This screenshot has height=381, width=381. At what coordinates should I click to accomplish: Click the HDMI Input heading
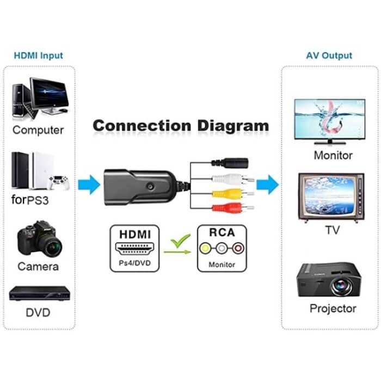tap(38, 56)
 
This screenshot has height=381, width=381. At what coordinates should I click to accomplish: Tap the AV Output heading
tap(330, 56)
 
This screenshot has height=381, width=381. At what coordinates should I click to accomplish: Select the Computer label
tap(38, 130)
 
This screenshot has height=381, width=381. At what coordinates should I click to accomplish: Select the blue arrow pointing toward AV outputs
tap(267, 185)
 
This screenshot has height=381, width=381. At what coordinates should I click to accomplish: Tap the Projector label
tap(333, 309)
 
